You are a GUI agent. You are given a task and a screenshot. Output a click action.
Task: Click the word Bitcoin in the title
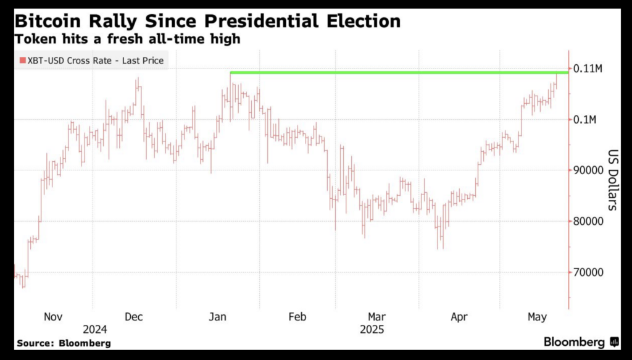coord(49,22)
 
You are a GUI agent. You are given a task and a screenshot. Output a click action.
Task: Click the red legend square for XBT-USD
coord(22,60)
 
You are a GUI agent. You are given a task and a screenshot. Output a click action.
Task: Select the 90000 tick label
coord(589,170)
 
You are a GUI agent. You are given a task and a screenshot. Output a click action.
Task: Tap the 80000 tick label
coord(589,221)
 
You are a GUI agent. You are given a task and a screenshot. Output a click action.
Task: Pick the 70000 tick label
coord(589,272)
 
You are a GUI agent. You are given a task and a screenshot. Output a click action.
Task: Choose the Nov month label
coord(53,317)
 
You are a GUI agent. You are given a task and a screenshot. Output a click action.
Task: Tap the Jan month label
coord(217,317)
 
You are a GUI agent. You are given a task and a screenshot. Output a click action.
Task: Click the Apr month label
coord(459,317)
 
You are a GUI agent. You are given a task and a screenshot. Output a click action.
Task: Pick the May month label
coord(538,317)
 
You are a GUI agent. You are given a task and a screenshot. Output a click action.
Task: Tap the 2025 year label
coord(372,329)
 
